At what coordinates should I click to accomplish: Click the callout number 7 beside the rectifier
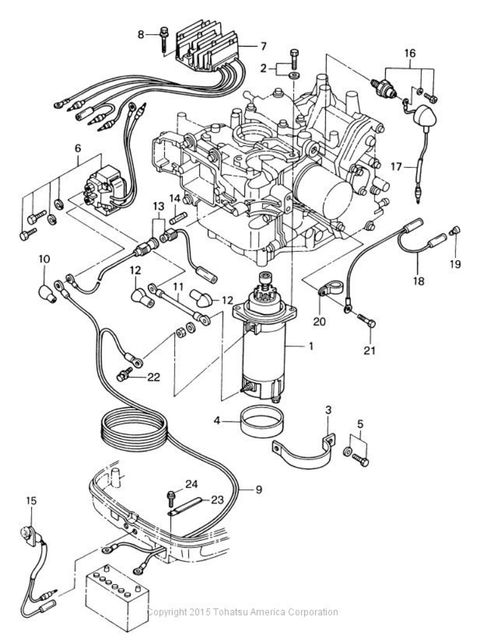point(263,47)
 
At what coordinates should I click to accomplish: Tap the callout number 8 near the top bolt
point(141,35)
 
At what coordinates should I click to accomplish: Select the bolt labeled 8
point(164,40)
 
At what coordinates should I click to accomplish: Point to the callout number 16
point(410,53)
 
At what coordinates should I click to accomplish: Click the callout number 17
point(396,167)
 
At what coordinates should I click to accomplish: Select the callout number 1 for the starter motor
point(311,346)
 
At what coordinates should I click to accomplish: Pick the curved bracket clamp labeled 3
point(304,452)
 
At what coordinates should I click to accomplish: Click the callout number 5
point(360,424)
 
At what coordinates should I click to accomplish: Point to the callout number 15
point(31,500)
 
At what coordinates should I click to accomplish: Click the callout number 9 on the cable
point(259,489)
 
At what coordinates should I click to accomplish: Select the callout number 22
point(154,377)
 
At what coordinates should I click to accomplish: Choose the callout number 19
point(455,264)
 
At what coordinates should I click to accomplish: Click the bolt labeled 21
point(367,321)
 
